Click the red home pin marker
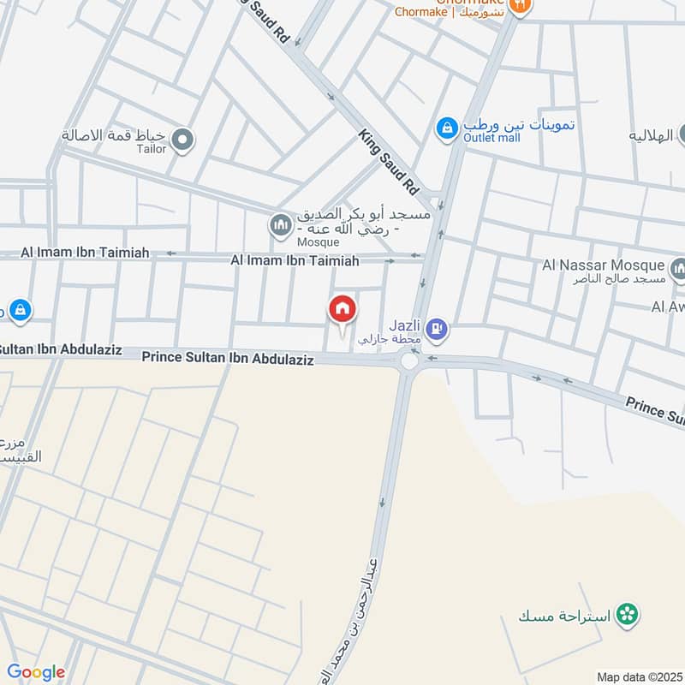(342, 310)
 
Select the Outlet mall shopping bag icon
(447, 129)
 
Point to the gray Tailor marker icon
(182, 139)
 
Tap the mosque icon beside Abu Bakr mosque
(280, 226)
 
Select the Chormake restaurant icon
(519, 6)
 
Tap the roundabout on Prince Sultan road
(409, 360)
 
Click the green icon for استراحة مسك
(629, 614)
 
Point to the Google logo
(36, 672)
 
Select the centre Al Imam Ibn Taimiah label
(295, 260)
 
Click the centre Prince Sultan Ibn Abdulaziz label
(228, 360)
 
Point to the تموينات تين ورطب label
(519, 123)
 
